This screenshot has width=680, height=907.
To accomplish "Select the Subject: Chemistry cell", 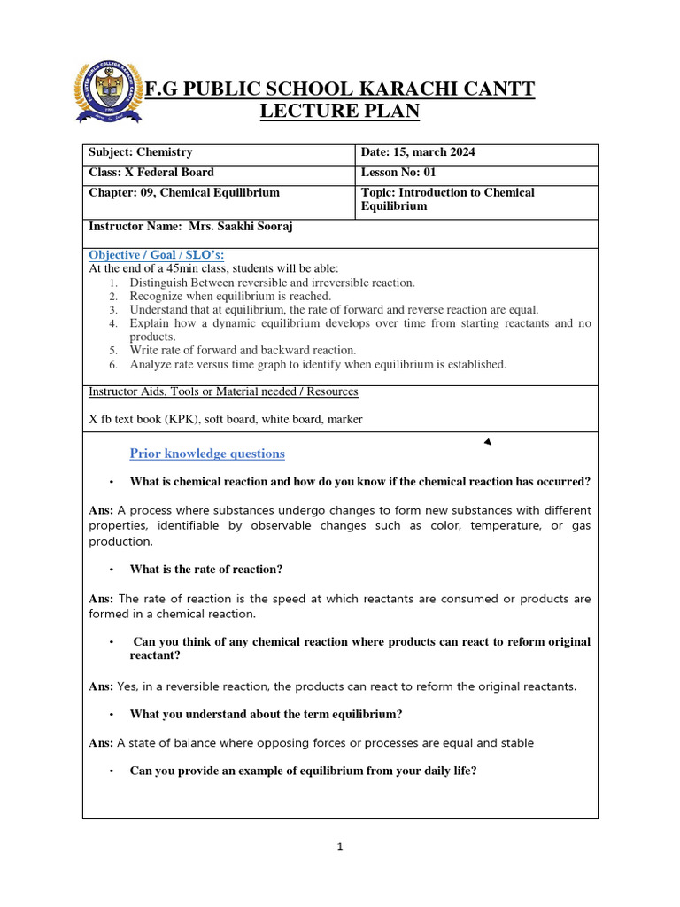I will [141, 152].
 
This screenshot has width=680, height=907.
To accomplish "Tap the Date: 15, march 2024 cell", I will [418, 152].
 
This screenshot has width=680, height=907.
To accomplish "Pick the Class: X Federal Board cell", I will [151, 173].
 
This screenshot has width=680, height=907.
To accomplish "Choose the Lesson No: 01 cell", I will [398, 173].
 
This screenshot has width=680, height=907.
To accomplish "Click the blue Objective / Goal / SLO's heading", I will [157, 256].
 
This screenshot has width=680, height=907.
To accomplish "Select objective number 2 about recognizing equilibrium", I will [230, 296].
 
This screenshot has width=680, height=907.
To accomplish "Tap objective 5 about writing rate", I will [243, 350].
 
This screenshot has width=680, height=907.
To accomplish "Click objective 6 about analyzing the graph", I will [318, 364].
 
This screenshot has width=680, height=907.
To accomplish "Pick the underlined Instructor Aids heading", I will [224, 391].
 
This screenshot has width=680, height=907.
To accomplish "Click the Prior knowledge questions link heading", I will [207, 453].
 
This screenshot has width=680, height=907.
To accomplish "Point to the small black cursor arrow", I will [488, 442].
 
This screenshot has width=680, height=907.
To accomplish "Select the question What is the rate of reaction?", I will [206, 570].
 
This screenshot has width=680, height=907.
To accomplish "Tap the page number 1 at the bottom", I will [340, 848].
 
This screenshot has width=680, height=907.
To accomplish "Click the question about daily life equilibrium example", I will [303, 771].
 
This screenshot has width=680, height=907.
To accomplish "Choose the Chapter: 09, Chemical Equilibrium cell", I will [184, 193].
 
